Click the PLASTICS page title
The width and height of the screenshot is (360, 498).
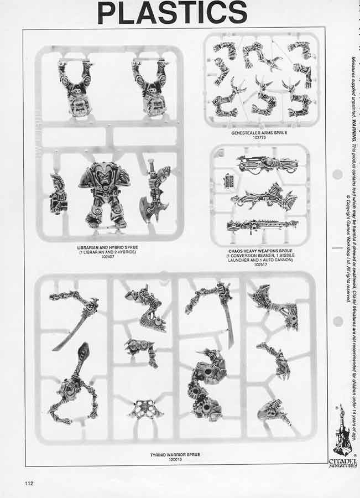(172, 13)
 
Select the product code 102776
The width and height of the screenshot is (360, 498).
(259, 138)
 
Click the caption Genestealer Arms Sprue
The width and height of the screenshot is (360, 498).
(259, 133)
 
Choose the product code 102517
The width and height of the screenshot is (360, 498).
(259, 264)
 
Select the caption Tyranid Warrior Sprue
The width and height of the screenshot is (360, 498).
(175, 454)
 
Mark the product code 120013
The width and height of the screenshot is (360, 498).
(175, 459)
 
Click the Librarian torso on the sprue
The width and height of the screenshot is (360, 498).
(105, 194)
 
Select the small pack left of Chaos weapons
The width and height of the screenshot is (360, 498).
(228, 180)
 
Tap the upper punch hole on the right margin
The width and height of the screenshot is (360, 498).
(337, 175)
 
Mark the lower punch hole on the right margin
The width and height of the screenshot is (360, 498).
(337, 321)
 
